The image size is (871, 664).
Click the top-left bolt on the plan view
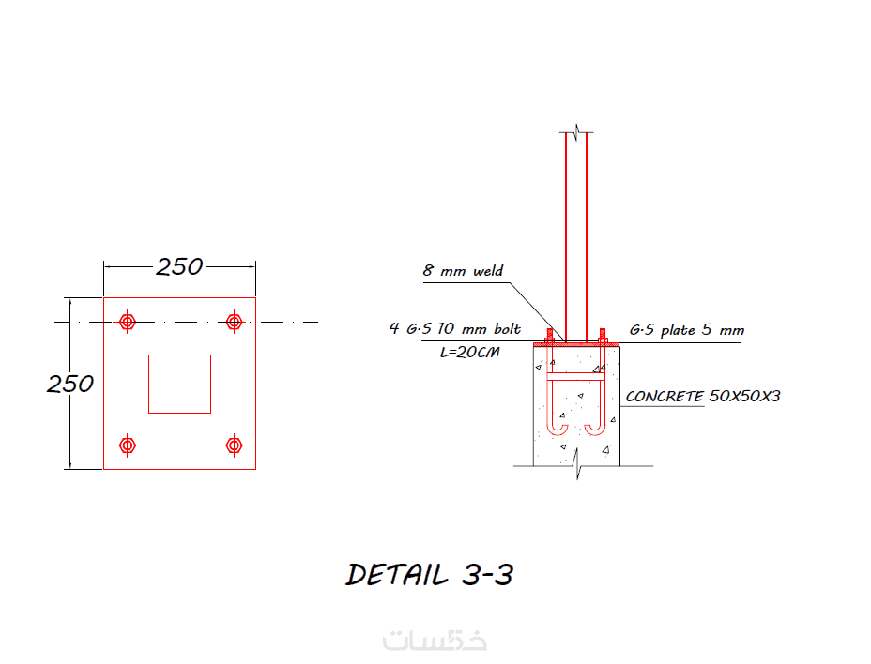(x=128, y=322)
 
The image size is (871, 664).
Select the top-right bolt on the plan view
(x=235, y=322)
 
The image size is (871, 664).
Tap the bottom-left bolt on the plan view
(x=128, y=445)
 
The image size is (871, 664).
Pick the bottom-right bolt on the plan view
(x=235, y=445)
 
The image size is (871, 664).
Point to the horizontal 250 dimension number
(x=179, y=267)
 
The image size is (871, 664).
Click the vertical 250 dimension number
(x=70, y=384)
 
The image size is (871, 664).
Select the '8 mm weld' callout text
(x=463, y=270)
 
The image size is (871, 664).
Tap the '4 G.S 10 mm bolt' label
(x=455, y=328)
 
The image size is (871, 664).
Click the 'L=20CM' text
(x=470, y=352)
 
